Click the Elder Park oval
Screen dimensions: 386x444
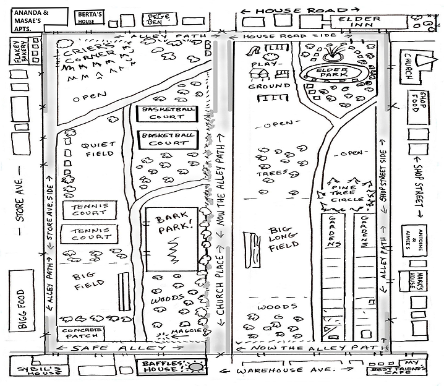(333, 73)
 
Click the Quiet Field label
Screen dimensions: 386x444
(98, 149)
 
